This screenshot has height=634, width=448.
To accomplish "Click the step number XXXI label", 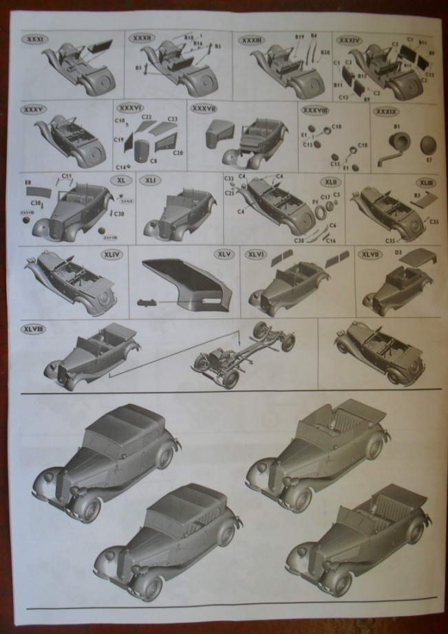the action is click(x=33, y=39).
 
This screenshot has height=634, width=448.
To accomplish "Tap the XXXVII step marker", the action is click(x=204, y=109).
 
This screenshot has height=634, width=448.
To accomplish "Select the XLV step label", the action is click(x=223, y=254).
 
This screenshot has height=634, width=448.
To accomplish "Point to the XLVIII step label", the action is click(x=33, y=329).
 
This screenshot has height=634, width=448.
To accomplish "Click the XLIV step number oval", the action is click(x=111, y=254).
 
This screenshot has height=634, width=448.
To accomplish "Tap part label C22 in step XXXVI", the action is click(x=147, y=118).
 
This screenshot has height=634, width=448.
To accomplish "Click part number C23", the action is click(x=172, y=119).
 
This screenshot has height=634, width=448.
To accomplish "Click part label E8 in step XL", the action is click(x=28, y=182).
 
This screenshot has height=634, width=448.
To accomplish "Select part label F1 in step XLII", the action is click(x=314, y=201).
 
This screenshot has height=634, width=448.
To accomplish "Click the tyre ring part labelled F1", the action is click(x=320, y=212).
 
